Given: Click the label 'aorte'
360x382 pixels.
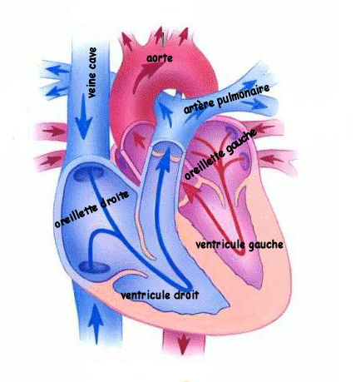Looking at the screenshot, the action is tap(160, 58).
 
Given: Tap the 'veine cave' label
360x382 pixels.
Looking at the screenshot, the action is tap(92, 72).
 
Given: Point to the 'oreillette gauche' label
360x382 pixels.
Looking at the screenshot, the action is tap(220, 154).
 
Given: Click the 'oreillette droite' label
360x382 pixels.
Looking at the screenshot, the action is tap(91, 209).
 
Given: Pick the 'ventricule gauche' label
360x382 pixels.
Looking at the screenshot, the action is tap(239, 245).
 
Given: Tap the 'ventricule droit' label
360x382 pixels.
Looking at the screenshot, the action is tap(160, 295).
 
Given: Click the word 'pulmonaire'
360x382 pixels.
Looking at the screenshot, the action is tap(244, 95).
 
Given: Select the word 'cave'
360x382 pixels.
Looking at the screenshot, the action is tap(92, 57).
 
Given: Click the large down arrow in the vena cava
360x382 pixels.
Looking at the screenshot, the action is tap(83, 117).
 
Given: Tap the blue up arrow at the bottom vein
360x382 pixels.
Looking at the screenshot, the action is tap(96, 324).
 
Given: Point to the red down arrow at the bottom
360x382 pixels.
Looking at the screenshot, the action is tap(183, 344).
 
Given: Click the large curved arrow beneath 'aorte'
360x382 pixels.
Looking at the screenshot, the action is tap(145, 77).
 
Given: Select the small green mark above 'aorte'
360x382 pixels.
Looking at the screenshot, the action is tap(163, 40).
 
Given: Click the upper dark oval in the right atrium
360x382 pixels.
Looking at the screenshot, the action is tap(89, 174).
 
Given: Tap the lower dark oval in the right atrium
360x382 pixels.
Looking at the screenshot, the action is tap(94, 268).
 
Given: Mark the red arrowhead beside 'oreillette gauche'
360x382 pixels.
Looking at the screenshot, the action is tap(191, 191).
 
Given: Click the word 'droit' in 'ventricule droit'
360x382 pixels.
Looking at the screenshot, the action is tap(186, 295).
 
